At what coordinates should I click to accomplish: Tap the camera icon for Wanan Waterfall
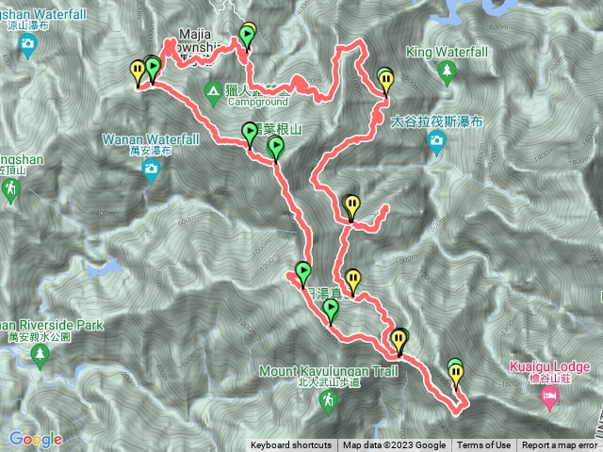[151, 169]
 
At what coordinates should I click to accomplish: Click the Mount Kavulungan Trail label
[328, 371]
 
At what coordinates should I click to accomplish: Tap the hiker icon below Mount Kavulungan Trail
[328, 402]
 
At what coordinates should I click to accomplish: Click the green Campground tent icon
[213, 90]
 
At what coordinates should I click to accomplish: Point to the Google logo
[36, 439]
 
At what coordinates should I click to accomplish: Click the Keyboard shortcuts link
[290, 445]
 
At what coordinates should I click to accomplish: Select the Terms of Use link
[484, 445]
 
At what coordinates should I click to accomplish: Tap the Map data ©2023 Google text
[394, 445]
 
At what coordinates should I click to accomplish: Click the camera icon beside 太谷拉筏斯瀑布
[435, 142]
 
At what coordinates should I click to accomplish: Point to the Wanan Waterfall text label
[151, 139]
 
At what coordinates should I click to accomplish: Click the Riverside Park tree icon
[40, 354]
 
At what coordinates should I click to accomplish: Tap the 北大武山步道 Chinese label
[328, 382]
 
